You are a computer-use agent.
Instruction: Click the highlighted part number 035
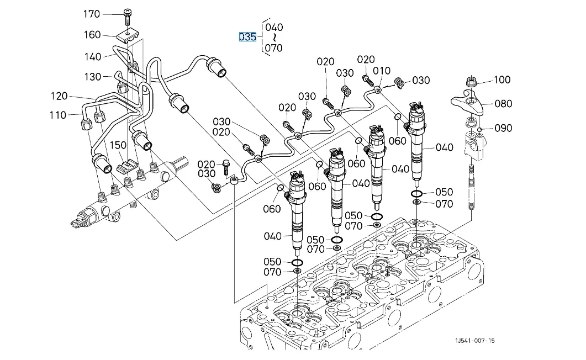pyautogui.click(x=247, y=37)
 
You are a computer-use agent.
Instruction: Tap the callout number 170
pyautogui.click(x=92, y=14)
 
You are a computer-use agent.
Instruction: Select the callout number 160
pyautogui.click(x=92, y=35)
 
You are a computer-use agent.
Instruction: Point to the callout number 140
pyautogui.click(x=92, y=56)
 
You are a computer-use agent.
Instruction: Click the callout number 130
pyautogui.click(x=92, y=77)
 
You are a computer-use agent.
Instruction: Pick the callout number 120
pyautogui.click(x=59, y=96)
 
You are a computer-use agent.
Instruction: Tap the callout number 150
pyautogui.click(x=118, y=145)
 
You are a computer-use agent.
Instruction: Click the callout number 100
pyautogui.click(x=502, y=80)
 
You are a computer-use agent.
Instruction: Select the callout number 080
pyautogui.click(x=503, y=103)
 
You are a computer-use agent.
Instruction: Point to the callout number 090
pyautogui.click(x=503, y=128)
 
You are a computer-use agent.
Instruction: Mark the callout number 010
pyautogui.click(x=382, y=71)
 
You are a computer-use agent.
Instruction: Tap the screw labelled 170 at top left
pyautogui.click(x=128, y=15)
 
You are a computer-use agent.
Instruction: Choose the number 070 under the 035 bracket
pyautogui.click(x=273, y=48)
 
